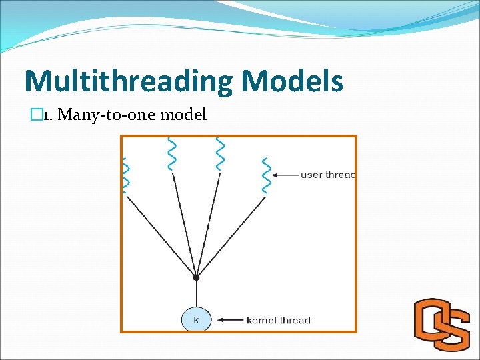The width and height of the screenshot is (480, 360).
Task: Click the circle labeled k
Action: [x=196, y=320]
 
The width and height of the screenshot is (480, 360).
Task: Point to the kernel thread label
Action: [x=278, y=321]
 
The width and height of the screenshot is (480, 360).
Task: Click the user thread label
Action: [x=327, y=175]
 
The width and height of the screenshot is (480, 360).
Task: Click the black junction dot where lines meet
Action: [x=196, y=277]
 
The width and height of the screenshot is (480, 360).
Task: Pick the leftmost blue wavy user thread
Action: [x=124, y=175]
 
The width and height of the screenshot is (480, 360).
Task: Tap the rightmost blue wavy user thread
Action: [x=267, y=175]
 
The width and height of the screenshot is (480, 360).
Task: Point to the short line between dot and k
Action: [x=196, y=293]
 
